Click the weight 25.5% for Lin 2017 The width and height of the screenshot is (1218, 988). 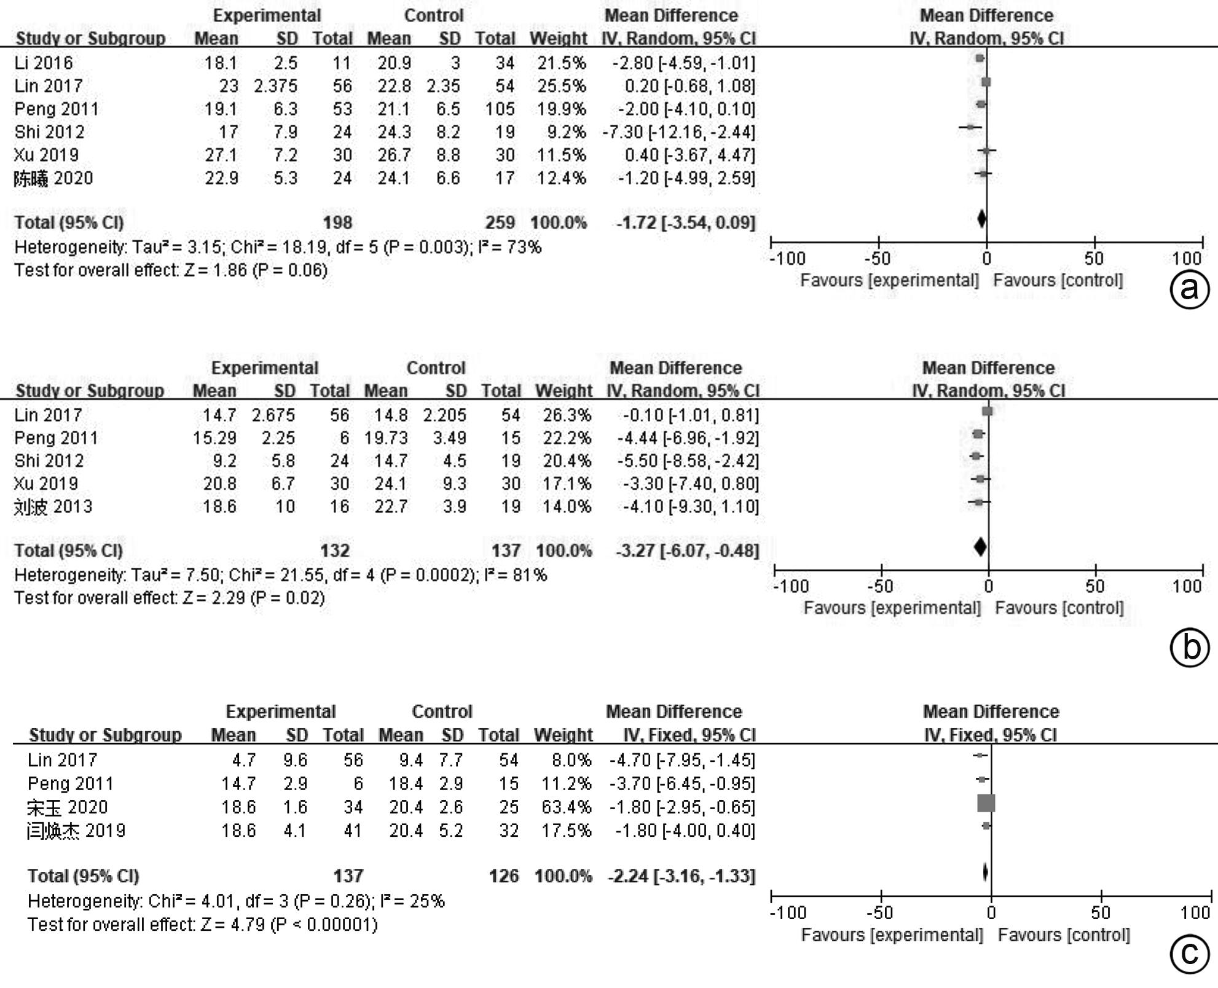(x=561, y=86)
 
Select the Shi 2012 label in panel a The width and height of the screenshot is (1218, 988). (x=50, y=132)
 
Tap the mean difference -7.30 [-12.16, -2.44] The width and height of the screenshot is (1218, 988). (x=678, y=132)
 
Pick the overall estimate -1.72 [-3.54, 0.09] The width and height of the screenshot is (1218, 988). (x=686, y=222)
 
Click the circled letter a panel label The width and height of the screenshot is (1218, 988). (x=1190, y=288)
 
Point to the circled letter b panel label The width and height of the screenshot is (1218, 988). (x=1190, y=647)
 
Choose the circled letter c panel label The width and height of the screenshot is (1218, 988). (x=1190, y=954)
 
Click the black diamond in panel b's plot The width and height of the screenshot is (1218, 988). (x=980, y=546)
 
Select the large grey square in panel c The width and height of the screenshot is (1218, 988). (x=986, y=803)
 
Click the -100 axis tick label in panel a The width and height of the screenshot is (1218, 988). (x=787, y=259)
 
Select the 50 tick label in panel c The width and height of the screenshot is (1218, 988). (x=1101, y=912)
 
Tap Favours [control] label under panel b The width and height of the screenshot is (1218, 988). (x=1059, y=608)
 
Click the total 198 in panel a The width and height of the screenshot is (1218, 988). (x=337, y=222)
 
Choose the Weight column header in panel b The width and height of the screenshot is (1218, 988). (x=563, y=391)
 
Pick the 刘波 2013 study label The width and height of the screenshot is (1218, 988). (x=53, y=507)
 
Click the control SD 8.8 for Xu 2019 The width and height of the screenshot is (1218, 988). (x=448, y=155)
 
